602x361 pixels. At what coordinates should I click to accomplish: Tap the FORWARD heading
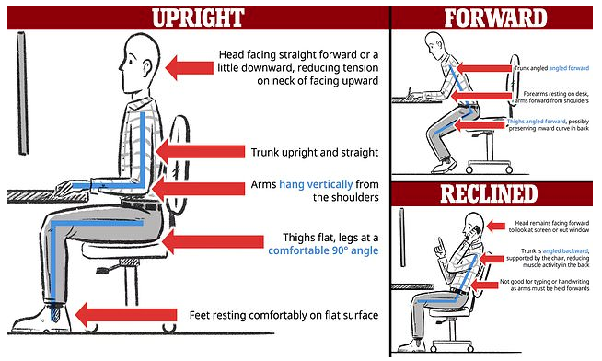[493, 17]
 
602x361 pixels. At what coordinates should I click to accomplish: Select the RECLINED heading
[495, 193]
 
